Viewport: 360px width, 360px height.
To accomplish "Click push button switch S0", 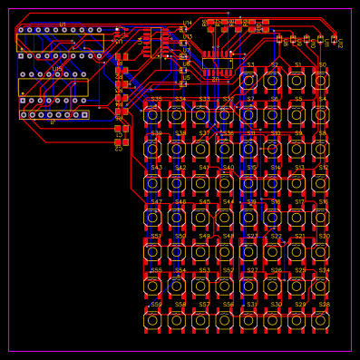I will click(x=320, y=81).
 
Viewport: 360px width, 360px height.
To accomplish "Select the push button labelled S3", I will click(x=248, y=81).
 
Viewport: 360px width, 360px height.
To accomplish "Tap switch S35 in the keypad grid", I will click(x=152, y=115).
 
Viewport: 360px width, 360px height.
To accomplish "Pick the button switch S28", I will click(x=320, y=320).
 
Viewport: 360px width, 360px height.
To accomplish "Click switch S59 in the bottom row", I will click(x=152, y=320).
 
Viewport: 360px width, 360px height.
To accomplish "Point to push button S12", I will click(x=320, y=183).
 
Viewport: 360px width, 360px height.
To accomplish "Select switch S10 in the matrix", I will click(x=272, y=149).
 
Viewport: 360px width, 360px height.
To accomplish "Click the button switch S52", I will click(x=224, y=286).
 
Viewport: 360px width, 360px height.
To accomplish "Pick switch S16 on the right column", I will click(x=320, y=218).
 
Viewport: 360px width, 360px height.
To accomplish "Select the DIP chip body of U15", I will click(x=54, y=87).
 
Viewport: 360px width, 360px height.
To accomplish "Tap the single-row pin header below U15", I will click(x=54, y=114).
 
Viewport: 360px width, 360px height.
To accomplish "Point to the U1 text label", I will click(x=63, y=24).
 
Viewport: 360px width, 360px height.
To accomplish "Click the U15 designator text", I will click(x=57, y=69).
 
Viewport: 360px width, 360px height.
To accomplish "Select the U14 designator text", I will click(x=188, y=24).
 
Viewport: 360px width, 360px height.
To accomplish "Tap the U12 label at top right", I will click(x=340, y=42).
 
